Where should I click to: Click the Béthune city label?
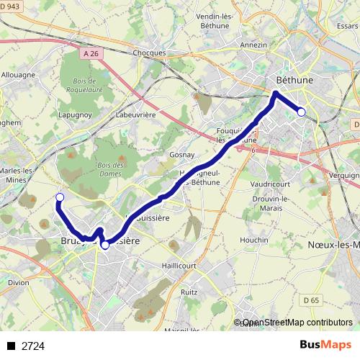294,80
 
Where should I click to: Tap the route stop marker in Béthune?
302,111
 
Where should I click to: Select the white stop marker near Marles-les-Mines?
60,197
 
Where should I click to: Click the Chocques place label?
150,53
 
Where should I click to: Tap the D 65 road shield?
310,300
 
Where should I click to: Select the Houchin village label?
254,240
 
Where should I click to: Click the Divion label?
19,283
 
